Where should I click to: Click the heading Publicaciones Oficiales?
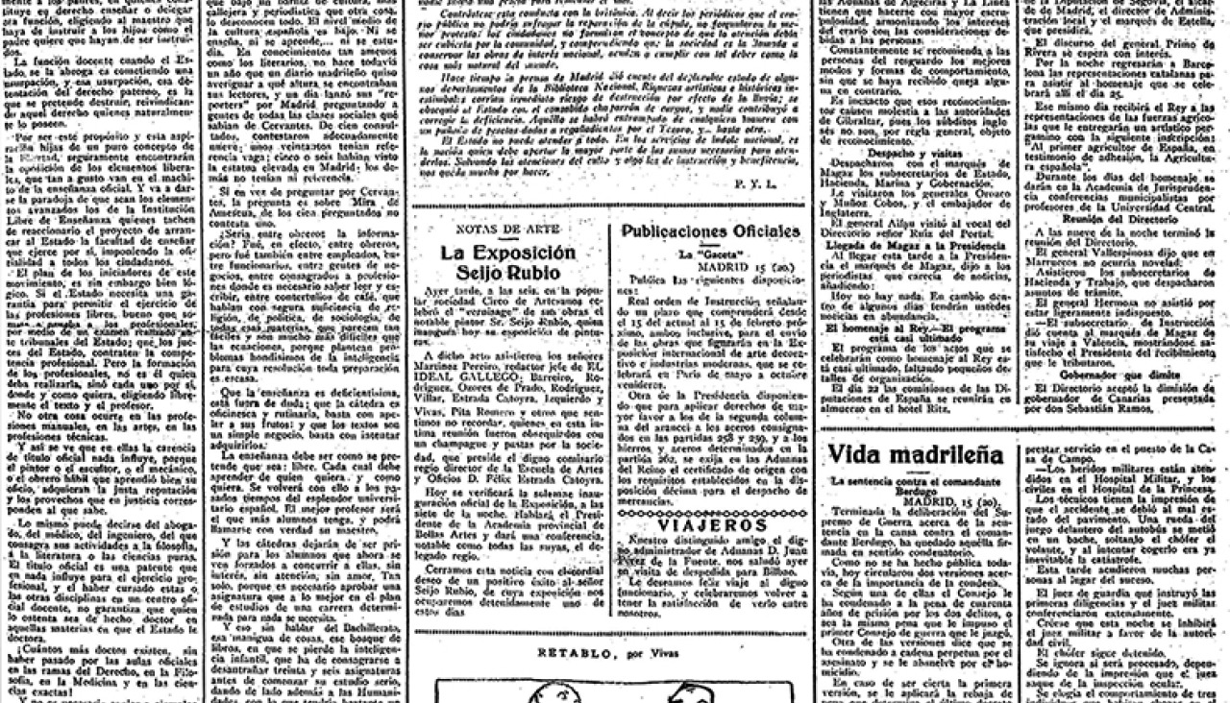tap(710, 231)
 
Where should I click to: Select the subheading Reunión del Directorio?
tap(1122, 219)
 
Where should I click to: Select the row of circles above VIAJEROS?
tap(710, 510)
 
